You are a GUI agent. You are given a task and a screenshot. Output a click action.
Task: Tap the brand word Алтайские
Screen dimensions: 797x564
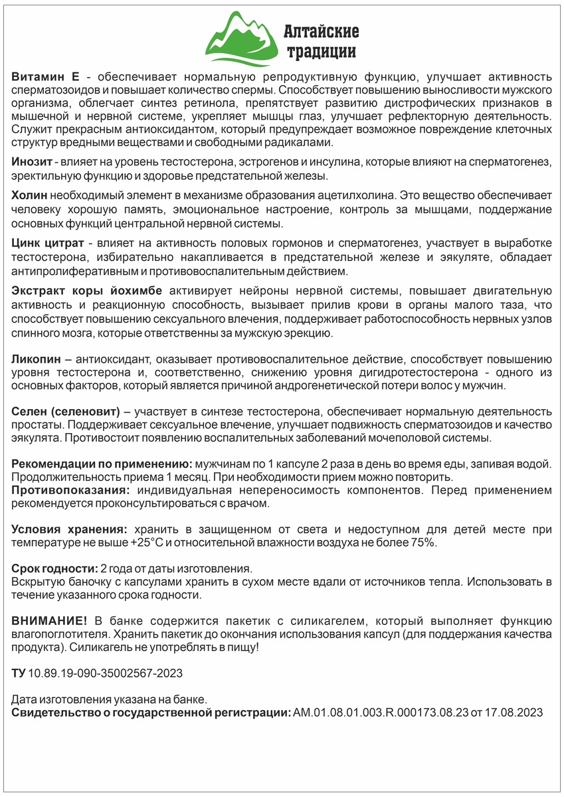[321, 31]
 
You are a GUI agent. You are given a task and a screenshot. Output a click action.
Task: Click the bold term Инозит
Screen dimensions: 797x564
[31, 162]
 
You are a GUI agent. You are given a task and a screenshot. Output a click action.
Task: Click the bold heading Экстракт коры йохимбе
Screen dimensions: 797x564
[89, 290]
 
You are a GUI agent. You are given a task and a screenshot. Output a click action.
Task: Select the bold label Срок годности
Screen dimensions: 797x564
[54, 569]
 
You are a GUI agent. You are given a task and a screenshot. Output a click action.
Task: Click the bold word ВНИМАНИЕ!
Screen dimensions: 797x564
[49, 620]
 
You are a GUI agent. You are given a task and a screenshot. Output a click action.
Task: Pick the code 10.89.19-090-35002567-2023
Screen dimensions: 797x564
[105, 673]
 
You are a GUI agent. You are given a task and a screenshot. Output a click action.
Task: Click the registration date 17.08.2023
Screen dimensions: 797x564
[518, 713]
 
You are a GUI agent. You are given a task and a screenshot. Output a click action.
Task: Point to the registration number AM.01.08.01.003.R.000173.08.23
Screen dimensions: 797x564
[389, 713]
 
